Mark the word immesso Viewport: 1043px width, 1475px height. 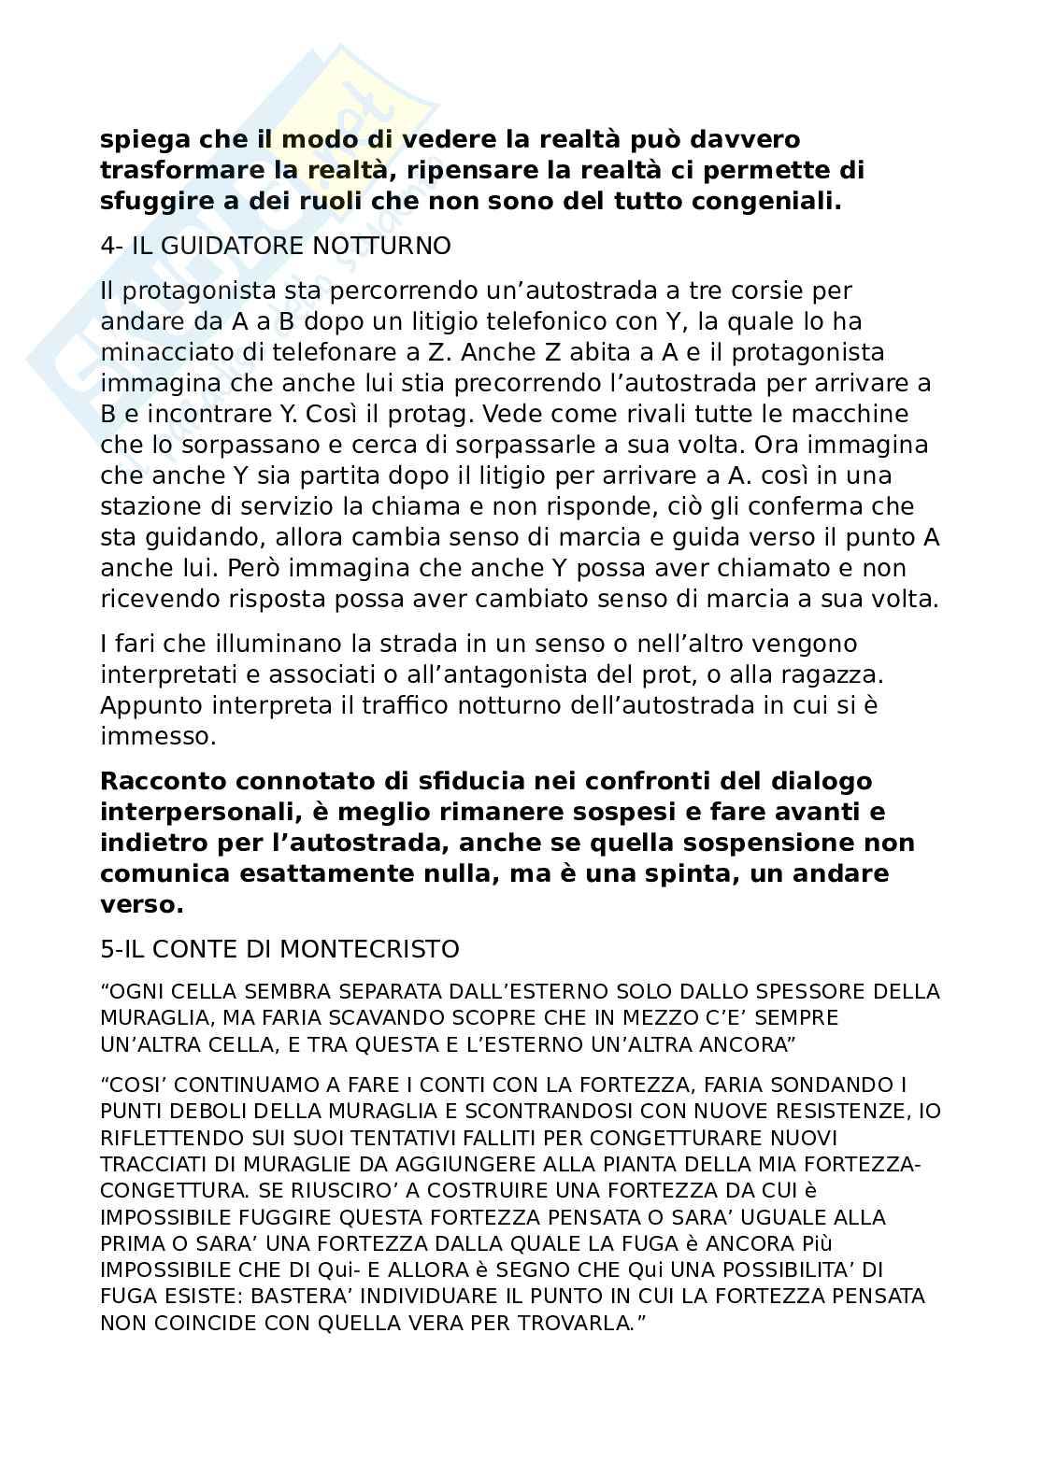click(156, 736)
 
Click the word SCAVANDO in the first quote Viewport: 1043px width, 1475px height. click(360, 1017)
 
